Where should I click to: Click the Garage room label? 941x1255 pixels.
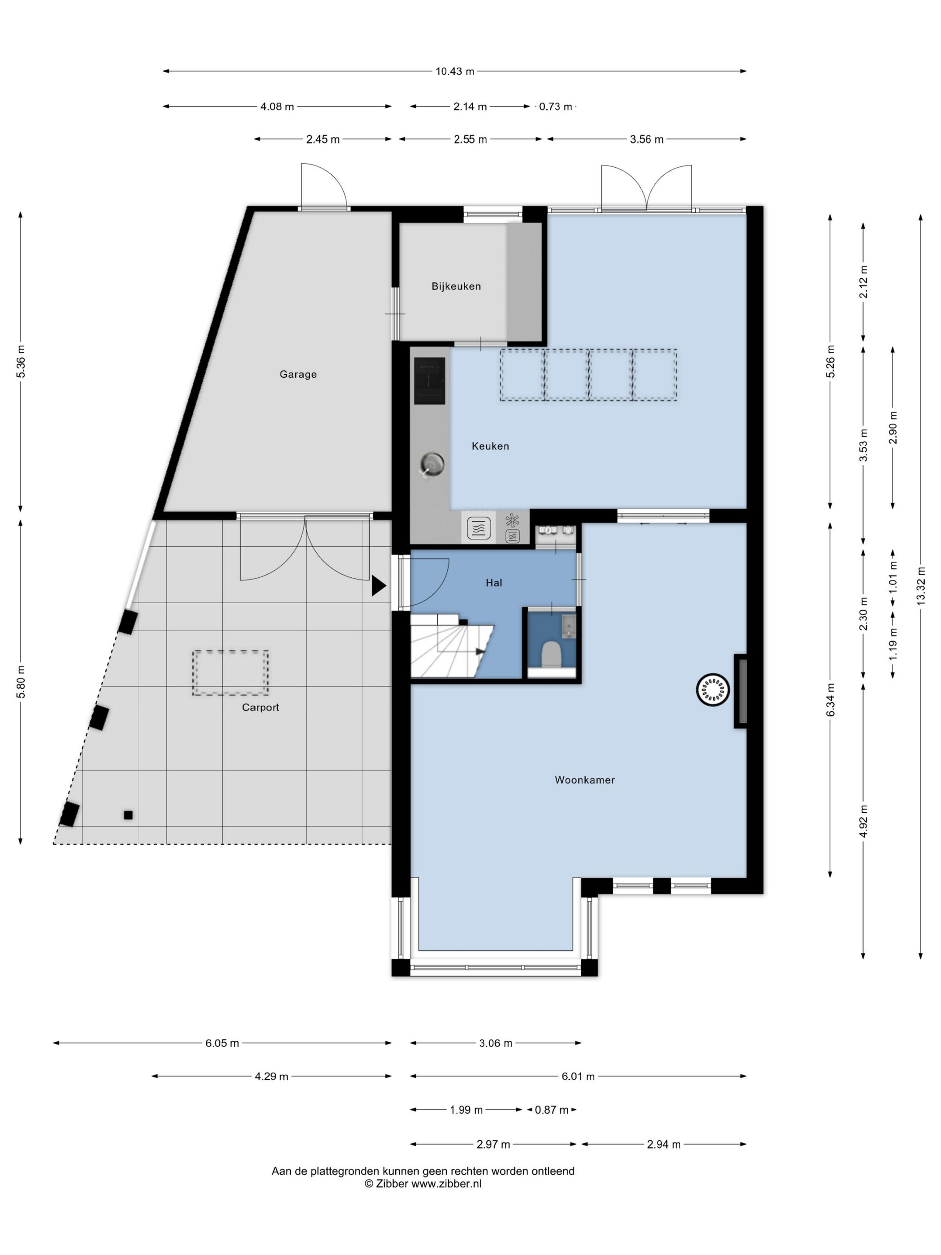pos(298,374)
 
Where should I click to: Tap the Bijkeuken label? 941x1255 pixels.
pos(456,286)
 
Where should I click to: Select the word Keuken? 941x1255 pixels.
pos(490,446)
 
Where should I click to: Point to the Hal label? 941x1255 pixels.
pos(493,583)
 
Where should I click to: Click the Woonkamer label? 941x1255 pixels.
pos(585,780)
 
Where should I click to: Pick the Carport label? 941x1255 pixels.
pos(260,707)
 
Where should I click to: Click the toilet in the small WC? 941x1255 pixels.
pos(551,654)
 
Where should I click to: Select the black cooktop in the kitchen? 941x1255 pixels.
pos(429,381)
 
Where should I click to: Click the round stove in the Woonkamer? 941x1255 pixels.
pos(712,690)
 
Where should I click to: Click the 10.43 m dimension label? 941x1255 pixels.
pos(455,71)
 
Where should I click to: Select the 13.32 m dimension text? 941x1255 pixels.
pos(920,586)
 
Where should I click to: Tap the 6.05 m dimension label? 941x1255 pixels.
pos(222,1043)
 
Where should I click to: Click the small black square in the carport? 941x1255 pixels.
pos(128,815)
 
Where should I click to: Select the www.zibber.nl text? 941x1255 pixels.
pos(446,1184)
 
